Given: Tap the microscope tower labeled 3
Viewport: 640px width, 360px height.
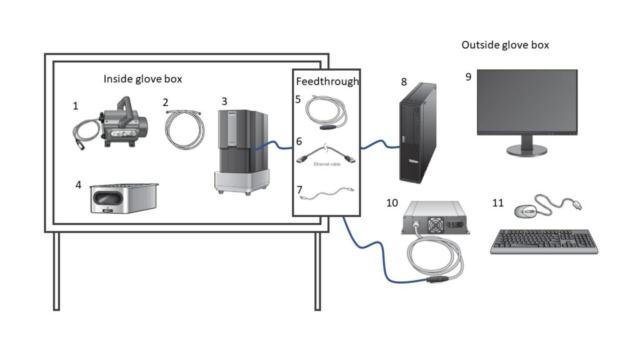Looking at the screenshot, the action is [242, 152].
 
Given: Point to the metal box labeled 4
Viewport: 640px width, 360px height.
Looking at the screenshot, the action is [124, 198].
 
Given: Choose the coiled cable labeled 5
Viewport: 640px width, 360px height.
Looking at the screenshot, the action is [326, 112].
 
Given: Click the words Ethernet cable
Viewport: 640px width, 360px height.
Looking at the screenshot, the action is [327, 164].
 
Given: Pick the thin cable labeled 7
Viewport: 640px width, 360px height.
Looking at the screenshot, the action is [327, 193].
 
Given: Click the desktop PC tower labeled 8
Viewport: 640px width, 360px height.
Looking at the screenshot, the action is [417, 133].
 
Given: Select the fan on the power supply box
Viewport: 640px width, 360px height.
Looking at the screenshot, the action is [434, 225].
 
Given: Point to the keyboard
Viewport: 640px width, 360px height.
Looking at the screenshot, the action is [544, 242].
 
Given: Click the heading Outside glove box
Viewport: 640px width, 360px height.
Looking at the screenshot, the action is [505, 45].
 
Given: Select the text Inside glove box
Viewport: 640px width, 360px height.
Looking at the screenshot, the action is [143, 79].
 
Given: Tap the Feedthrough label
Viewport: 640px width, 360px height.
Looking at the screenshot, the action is [327, 81].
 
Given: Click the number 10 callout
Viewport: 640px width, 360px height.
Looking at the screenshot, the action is [392, 203].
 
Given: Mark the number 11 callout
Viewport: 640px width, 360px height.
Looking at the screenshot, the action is [498, 203].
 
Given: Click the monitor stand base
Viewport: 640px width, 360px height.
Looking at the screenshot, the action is [527, 150].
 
